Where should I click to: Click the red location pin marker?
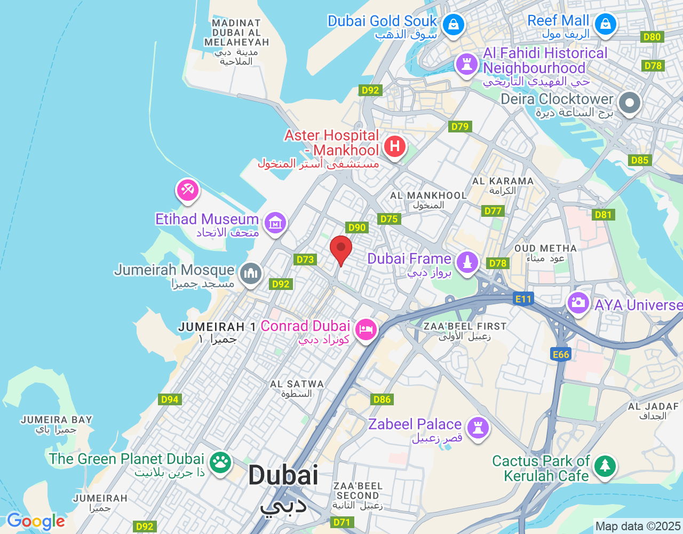[x=341, y=249]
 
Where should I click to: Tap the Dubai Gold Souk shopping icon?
[x=454, y=25]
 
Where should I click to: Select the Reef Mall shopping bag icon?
[x=606, y=24]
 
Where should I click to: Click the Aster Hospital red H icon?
[x=394, y=145]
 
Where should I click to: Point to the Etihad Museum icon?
[x=275, y=223]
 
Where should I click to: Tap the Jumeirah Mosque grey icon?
[x=250, y=273]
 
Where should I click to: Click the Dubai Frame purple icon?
[x=467, y=262]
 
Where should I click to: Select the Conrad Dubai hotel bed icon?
[x=366, y=329]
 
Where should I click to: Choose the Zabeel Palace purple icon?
[x=478, y=428]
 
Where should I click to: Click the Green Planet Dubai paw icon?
[x=220, y=462]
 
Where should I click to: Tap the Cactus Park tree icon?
[x=605, y=466]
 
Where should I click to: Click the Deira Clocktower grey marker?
[x=630, y=102]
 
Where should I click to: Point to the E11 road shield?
[x=523, y=299]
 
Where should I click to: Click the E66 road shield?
[x=561, y=354]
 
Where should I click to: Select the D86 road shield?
[x=382, y=399]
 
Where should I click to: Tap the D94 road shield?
[x=170, y=399]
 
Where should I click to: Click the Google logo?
[x=36, y=521]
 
